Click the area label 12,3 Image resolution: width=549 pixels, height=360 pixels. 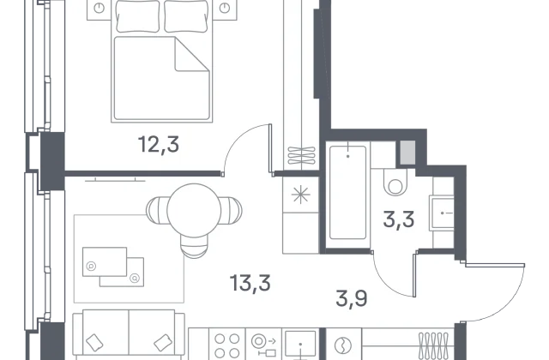159,145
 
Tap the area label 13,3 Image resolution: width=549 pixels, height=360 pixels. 250,283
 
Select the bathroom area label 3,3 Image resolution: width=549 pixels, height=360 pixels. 399,219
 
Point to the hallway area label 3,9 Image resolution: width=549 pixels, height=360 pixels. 351,298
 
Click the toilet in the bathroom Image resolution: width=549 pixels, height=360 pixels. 395,183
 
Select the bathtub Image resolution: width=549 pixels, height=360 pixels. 347,193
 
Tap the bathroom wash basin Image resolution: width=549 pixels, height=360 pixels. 442,213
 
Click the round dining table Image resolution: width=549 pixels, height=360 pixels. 194,211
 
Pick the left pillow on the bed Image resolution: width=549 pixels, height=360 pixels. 137,15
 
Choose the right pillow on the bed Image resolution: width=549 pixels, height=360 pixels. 186,15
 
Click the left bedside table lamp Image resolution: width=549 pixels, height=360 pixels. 100,8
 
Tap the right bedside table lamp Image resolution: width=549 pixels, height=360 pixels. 225,8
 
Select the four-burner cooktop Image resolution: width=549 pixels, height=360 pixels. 226,345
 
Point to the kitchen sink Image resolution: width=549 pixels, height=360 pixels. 300,345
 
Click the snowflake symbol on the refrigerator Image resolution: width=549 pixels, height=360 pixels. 301,195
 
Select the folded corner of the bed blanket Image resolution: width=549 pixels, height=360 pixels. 192,54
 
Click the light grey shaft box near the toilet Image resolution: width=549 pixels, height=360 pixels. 407,153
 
